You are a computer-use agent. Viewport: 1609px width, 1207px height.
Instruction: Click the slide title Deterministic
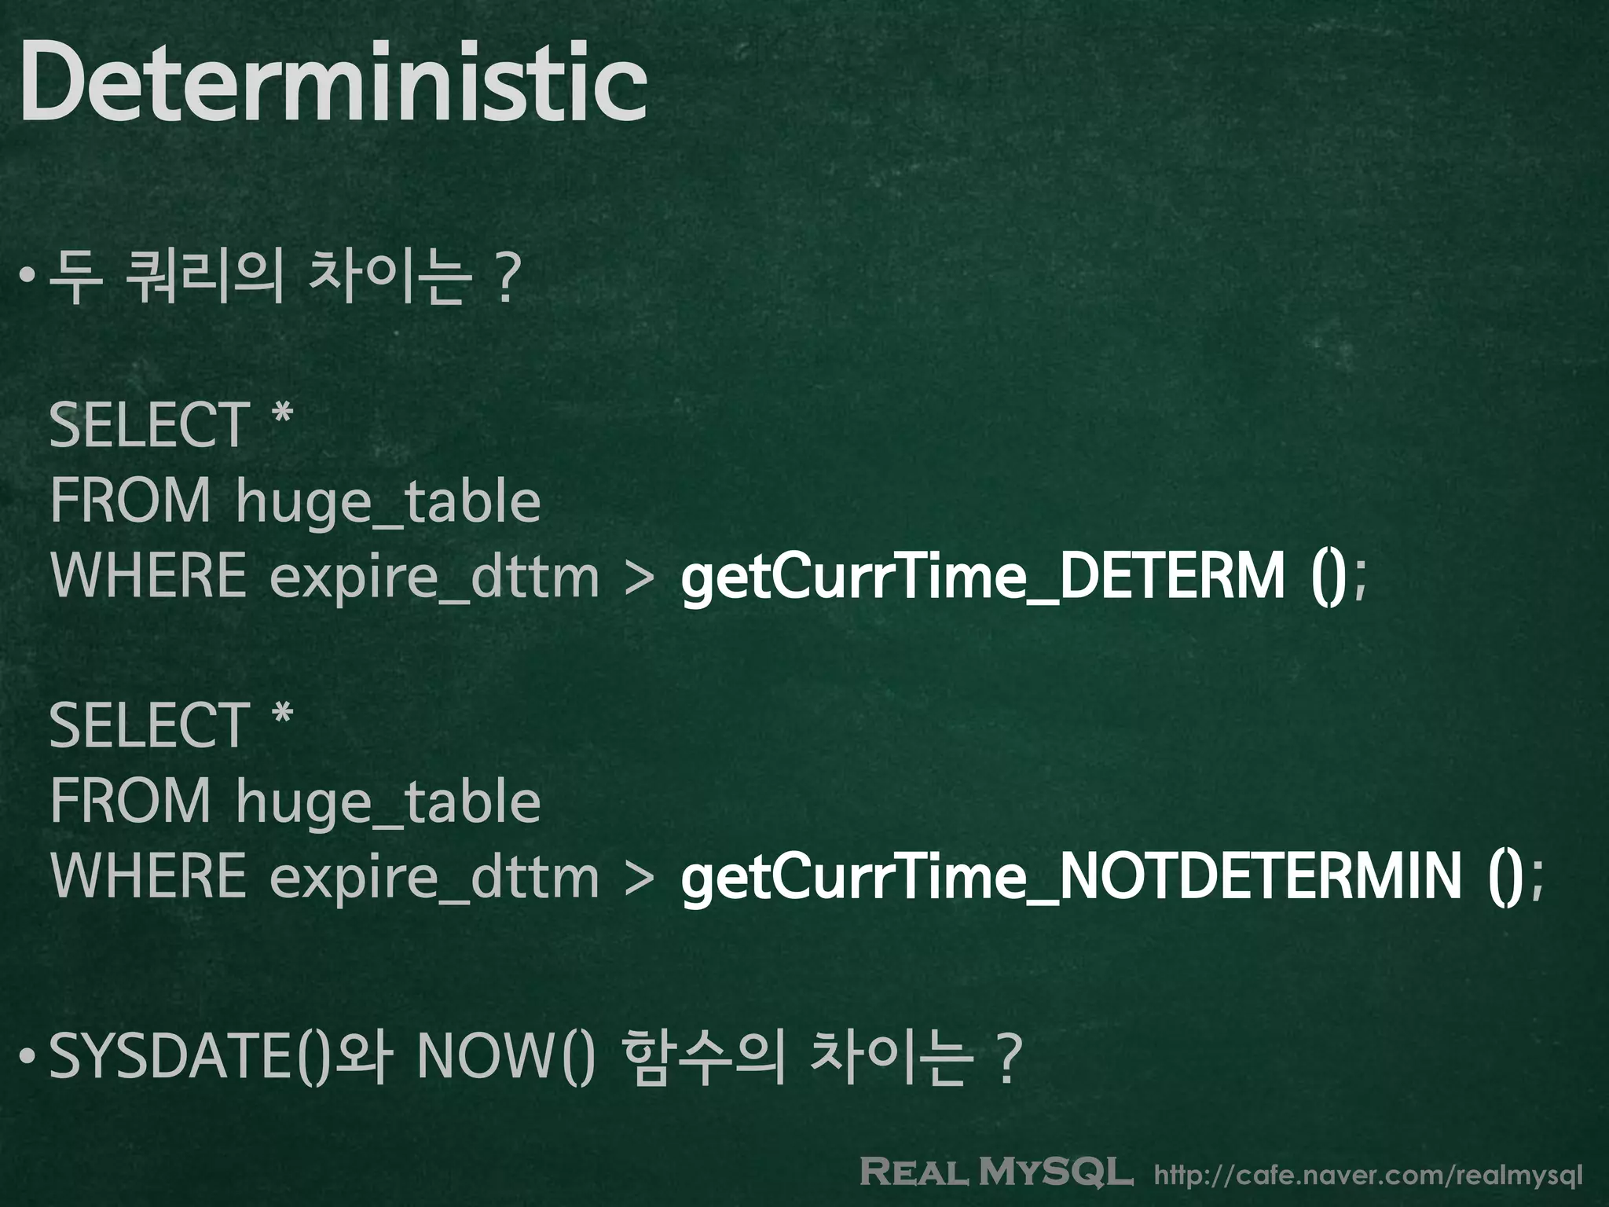333,83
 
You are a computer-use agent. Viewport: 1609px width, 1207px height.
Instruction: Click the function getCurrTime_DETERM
982,577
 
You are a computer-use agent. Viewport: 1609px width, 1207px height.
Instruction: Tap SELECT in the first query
149,425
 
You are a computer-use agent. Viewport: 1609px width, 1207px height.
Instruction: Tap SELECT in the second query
149,726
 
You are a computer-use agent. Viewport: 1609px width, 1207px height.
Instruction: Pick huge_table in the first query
388,502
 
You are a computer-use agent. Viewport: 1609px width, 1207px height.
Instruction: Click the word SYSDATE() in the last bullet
189,1057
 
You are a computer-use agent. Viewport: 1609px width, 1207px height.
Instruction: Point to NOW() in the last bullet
506,1057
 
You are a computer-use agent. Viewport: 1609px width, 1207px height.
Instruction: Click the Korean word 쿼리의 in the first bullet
203,277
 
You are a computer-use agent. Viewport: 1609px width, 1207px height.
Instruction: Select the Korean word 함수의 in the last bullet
704,1057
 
